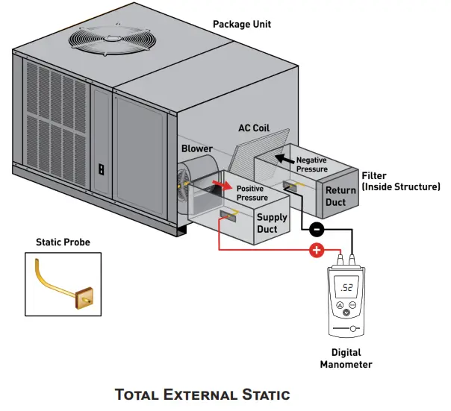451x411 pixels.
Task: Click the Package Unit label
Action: click(242, 24)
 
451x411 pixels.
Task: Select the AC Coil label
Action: click(253, 128)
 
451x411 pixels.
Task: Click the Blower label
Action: click(197, 148)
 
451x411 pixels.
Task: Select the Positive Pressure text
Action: click(252, 193)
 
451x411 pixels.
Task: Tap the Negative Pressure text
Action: click(311, 165)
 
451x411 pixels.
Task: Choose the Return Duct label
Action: click(340, 195)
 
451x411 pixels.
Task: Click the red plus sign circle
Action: click(316, 251)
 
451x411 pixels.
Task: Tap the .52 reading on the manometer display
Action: click(348, 286)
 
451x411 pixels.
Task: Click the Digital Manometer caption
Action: click(346, 358)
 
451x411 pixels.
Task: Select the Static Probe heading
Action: click(63, 242)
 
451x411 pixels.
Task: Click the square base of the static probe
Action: click(84, 298)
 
